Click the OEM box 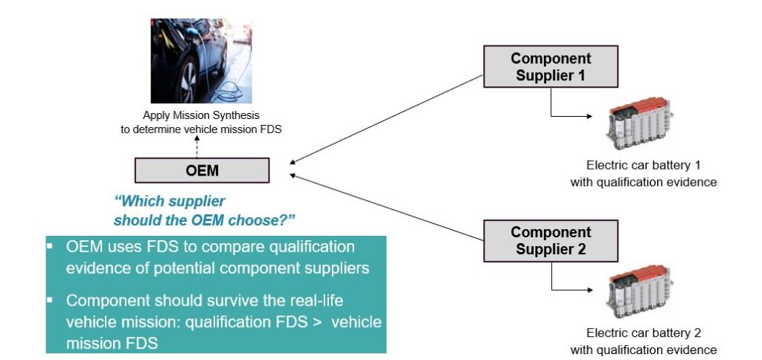202,170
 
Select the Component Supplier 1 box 551,65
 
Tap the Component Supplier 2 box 551,240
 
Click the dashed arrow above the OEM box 201,146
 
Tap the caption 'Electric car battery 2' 643,333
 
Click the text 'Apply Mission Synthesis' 200,115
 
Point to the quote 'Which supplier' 170,202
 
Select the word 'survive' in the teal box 225,302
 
